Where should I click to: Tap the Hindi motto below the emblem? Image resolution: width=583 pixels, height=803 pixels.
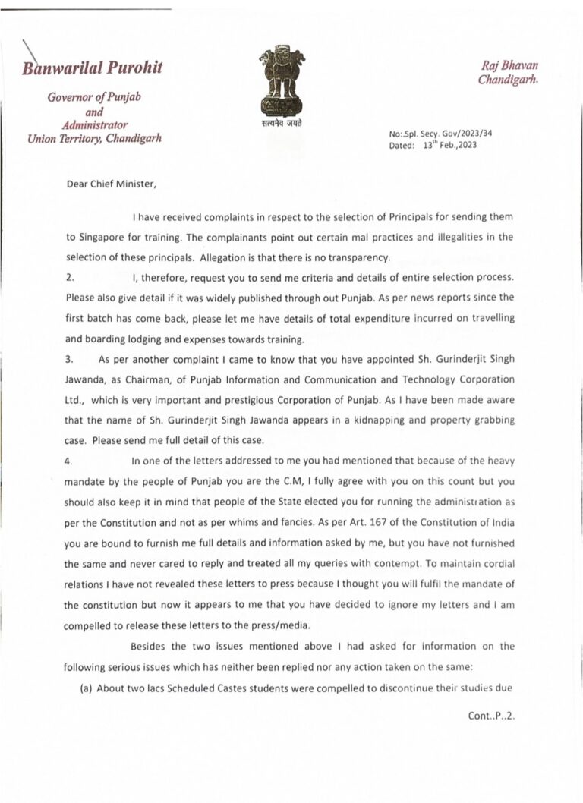coord(281,121)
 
